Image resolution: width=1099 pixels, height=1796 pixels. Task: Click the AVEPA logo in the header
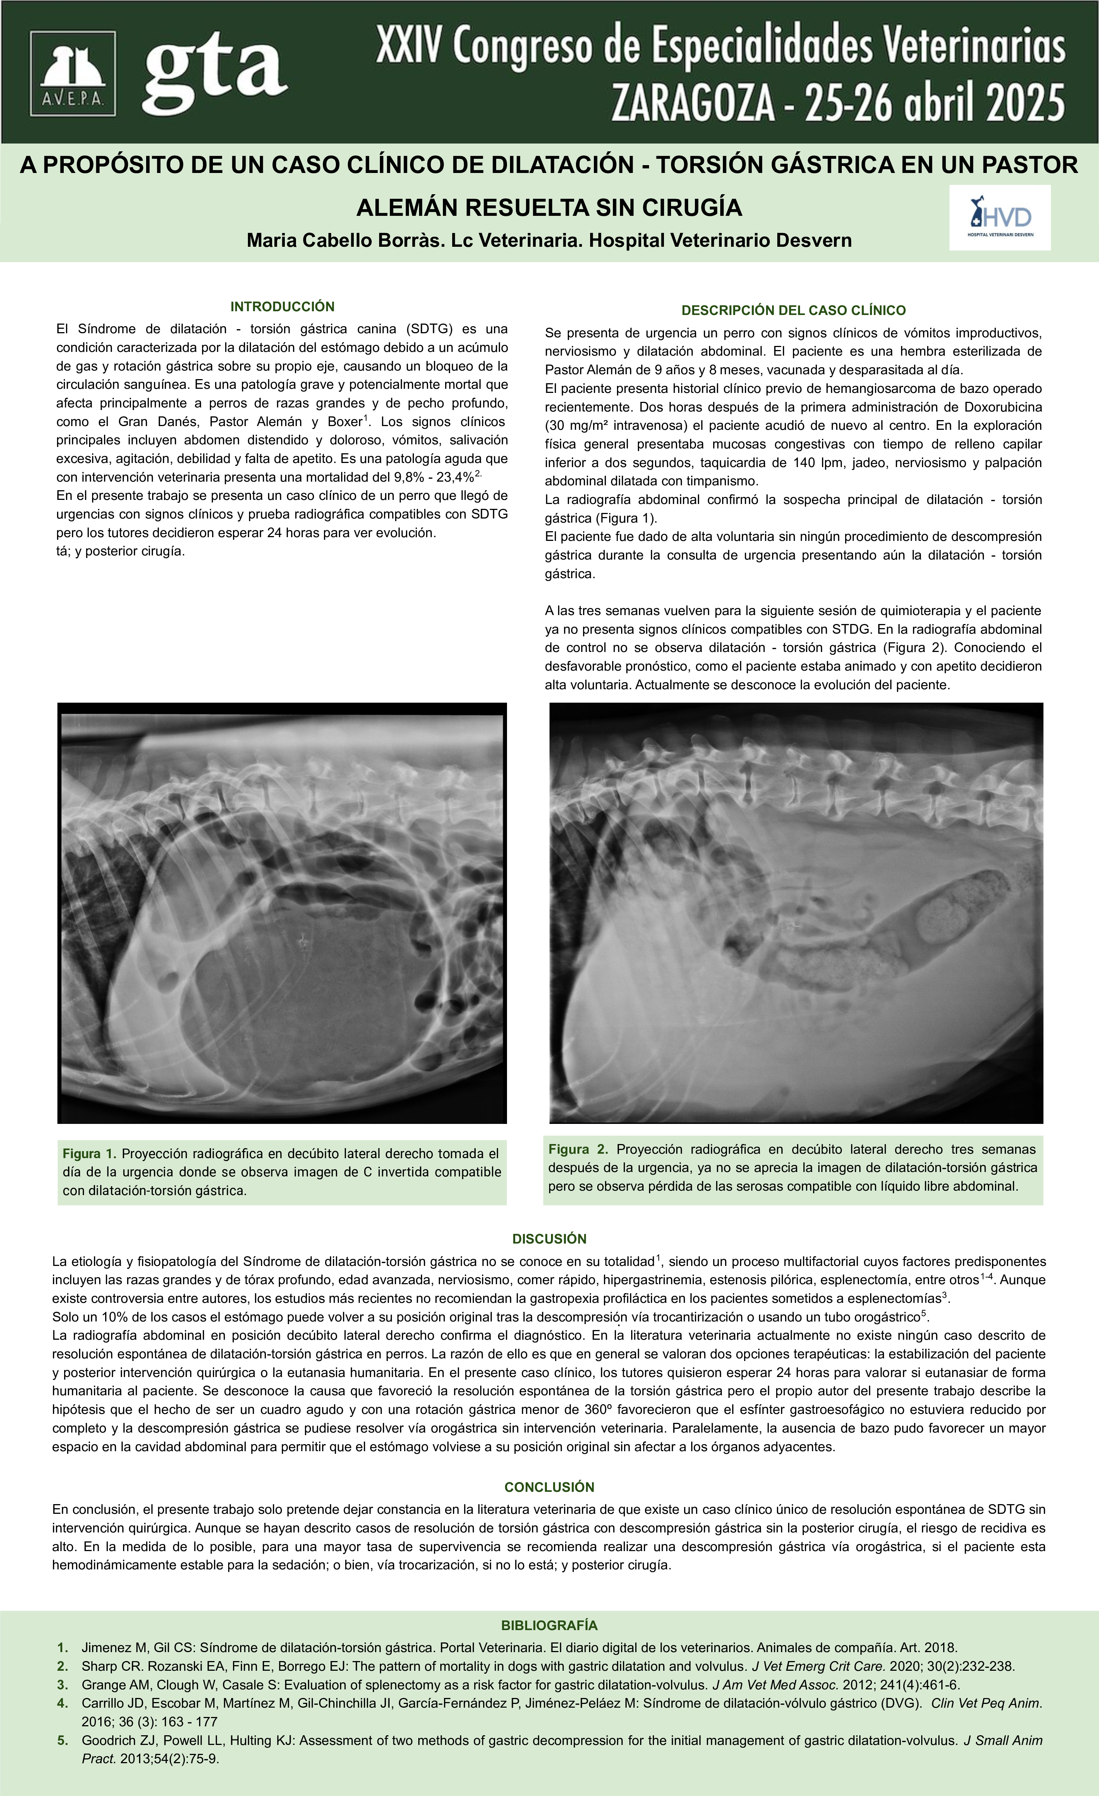(72, 73)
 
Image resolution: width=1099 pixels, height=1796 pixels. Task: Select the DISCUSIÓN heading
(549, 1239)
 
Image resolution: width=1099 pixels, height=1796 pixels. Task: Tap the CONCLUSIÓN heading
(549, 1487)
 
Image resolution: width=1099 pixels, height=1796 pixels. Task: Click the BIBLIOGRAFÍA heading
(549, 1625)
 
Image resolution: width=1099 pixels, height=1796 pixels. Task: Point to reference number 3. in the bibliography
(63, 1685)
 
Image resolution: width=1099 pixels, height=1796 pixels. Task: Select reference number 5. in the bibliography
(63, 1740)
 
